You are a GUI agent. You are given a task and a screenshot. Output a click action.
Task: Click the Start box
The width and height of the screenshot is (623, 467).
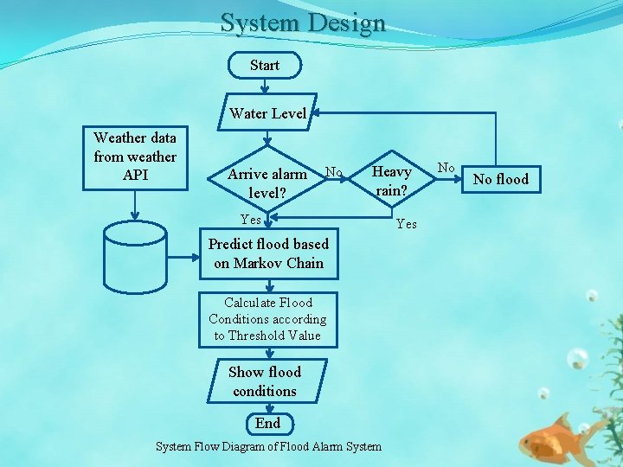(265, 65)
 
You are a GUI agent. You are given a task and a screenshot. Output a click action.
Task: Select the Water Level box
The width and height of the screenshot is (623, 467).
(268, 113)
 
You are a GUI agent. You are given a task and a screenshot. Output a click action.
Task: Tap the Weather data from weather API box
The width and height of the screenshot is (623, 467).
(134, 157)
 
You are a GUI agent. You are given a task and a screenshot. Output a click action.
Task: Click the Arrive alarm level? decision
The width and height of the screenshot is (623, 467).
(267, 182)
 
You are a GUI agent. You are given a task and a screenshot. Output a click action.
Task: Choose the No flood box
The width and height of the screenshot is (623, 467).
(501, 180)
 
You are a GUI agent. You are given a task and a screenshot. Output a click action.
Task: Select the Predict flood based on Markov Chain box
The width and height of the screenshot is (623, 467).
(268, 254)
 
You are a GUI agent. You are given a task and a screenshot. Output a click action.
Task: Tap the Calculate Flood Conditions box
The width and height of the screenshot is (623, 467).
(267, 319)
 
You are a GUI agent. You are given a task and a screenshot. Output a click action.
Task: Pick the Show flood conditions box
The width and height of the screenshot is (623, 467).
(265, 381)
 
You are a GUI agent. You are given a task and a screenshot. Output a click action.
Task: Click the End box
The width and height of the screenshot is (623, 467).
(267, 423)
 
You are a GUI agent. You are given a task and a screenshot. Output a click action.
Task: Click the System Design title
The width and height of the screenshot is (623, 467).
(302, 22)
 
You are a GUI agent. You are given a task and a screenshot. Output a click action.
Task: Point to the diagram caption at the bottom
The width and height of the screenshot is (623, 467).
(268, 446)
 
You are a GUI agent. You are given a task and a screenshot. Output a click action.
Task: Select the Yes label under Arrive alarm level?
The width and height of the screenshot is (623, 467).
(250, 220)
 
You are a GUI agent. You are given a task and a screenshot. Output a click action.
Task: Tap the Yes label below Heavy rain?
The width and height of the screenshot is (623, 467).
(406, 224)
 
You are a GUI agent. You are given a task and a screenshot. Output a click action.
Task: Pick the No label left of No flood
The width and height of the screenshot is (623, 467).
(446, 166)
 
